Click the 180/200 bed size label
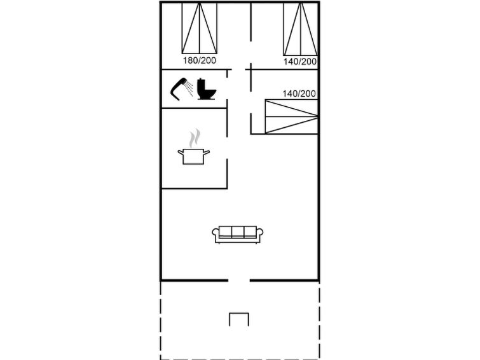[199, 60]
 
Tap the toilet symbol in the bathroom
[207, 89]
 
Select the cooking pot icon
[194, 156]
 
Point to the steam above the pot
[195, 138]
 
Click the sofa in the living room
[238, 235]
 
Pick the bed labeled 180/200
[200, 28]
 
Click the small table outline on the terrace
[239, 319]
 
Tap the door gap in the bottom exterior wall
[239, 280]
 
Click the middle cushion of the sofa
[238, 232]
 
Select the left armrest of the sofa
[216, 234]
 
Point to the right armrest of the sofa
[260, 234]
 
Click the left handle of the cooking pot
[181, 152]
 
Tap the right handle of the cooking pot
[207, 152]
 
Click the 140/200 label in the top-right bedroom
[300, 62]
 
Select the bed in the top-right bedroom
[300, 29]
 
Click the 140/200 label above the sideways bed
[299, 93]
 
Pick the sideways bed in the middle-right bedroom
[291, 116]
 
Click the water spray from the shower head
[189, 89]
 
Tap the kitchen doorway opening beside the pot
[227, 148]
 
